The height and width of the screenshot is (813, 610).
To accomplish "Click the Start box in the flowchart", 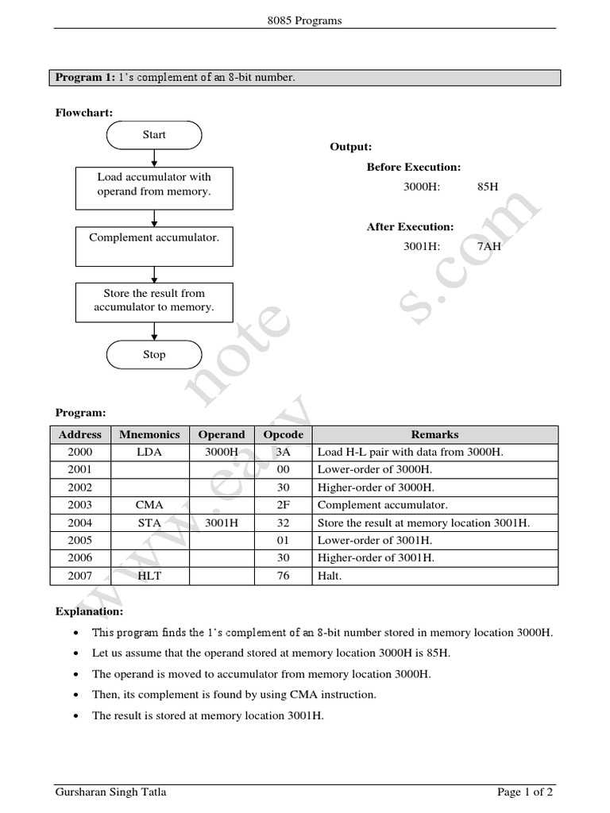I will pyautogui.click(x=154, y=135).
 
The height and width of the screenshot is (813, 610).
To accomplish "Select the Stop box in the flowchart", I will pyautogui.click(x=154, y=355).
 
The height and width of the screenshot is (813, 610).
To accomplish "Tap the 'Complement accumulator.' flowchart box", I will pyautogui.click(x=154, y=246).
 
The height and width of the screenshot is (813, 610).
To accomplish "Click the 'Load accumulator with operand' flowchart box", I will pyautogui.click(x=154, y=185).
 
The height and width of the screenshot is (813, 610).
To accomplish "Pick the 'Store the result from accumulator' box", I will pyautogui.click(x=154, y=301).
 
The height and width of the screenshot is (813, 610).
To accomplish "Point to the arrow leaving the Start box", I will pyautogui.click(x=154, y=157).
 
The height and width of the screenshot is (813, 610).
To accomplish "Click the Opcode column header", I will pyautogui.click(x=284, y=434).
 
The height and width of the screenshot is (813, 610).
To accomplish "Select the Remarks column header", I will pyautogui.click(x=434, y=434).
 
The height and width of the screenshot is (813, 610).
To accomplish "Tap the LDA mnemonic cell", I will pyautogui.click(x=149, y=452).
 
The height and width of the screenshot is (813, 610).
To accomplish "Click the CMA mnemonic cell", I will pyautogui.click(x=149, y=505).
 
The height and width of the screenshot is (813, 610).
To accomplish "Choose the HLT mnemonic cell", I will pyautogui.click(x=149, y=576).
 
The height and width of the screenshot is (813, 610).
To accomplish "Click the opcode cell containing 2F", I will pyautogui.click(x=284, y=505).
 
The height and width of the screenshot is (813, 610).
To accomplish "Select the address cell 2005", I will pyautogui.click(x=80, y=541).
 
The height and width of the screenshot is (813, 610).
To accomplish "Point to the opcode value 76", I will pyautogui.click(x=284, y=576).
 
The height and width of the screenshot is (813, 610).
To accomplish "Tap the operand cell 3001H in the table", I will pyautogui.click(x=222, y=522).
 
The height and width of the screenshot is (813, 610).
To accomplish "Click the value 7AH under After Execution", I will pyautogui.click(x=489, y=246).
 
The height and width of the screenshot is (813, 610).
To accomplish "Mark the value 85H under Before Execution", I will pyautogui.click(x=488, y=188).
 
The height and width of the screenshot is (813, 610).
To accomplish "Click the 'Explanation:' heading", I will pyautogui.click(x=89, y=612).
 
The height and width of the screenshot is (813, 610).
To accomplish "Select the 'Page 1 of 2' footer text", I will pyautogui.click(x=525, y=792).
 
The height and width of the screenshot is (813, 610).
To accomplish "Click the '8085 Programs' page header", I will pyautogui.click(x=305, y=21).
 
